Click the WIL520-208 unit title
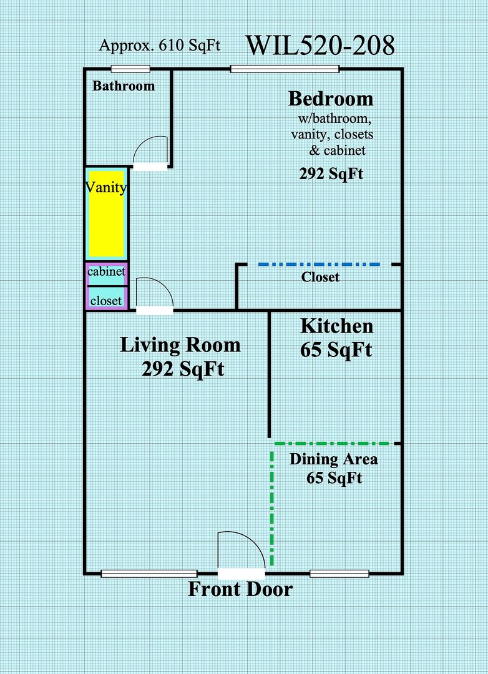(x=320, y=46)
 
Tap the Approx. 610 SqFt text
(x=160, y=45)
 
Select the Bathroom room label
(x=124, y=86)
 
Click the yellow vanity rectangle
(x=107, y=213)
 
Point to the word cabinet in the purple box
(x=106, y=271)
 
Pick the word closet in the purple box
(x=105, y=300)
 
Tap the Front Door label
(x=240, y=589)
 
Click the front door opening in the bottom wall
(x=242, y=574)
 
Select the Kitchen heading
(x=336, y=326)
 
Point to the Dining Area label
(x=334, y=459)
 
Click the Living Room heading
(x=180, y=345)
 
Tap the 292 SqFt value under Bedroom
(x=331, y=174)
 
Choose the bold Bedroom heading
(x=331, y=99)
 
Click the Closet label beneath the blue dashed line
(x=320, y=277)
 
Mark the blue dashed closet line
(x=319, y=265)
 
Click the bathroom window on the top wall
(x=130, y=69)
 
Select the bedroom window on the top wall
(x=285, y=69)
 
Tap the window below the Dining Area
(x=339, y=574)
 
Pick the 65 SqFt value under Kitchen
(x=336, y=350)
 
